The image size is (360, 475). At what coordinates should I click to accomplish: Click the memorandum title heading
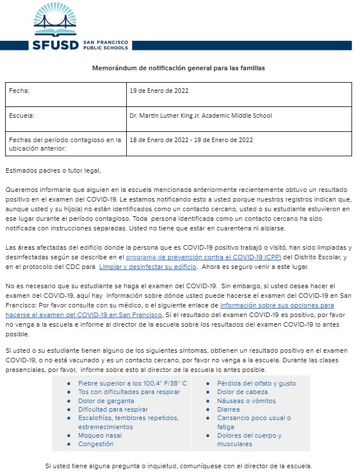(x=179, y=68)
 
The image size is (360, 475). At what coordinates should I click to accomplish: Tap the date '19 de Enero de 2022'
(x=159, y=91)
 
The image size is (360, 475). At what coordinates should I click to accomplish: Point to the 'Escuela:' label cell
(x=22, y=115)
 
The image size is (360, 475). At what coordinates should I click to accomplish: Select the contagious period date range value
(x=191, y=140)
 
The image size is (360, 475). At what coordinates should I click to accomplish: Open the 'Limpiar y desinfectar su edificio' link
(x=147, y=266)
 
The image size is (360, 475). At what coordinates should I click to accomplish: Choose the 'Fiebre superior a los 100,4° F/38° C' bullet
(x=132, y=383)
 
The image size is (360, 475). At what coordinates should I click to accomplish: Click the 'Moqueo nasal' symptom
(x=100, y=435)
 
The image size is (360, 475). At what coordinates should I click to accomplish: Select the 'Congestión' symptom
(x=96, y=444)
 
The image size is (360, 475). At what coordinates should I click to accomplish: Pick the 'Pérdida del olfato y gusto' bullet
(x=256, y=383)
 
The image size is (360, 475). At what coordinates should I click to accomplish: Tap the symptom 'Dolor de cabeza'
(x=242, y=392)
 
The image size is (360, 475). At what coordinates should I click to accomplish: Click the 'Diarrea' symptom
(x=228, y=409)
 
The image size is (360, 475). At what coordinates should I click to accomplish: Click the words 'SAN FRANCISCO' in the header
(x=105, y=42)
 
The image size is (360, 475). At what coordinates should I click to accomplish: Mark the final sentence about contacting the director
(x=179, y=466)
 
